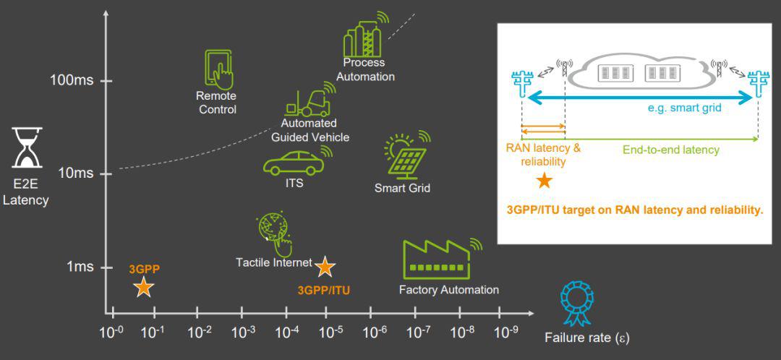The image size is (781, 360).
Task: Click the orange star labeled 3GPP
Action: [x=144, y=288]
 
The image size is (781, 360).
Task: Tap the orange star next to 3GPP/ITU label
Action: [x=325, y=267]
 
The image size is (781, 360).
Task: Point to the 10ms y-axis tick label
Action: [x=75, y=173]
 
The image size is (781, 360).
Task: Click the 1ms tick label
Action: [x=80, y=267]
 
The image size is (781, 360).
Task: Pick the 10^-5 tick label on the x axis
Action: [x=330, y=332]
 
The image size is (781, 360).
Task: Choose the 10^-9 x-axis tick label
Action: [x=506, y=332]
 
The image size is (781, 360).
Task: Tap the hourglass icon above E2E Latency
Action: [x=27, y=148]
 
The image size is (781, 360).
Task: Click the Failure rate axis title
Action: [x=586, y=338]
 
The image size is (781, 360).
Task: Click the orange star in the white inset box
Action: [x=544, y=179]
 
